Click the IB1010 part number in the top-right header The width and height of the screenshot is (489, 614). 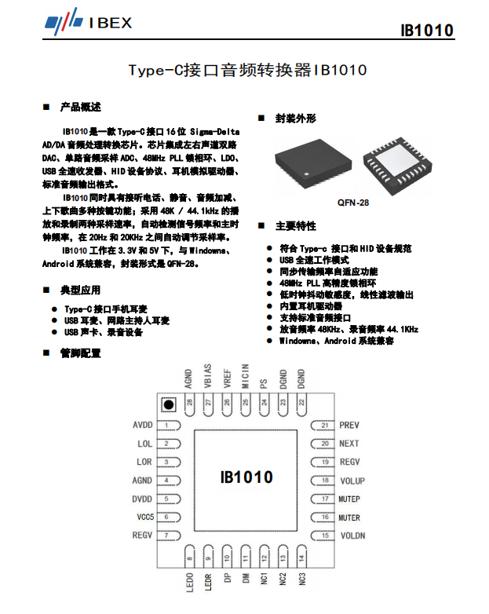(426, 31)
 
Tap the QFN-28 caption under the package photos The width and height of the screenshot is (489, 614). (353, 202)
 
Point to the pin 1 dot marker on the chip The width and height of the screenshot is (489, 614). (168, 404)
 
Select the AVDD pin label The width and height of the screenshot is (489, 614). (142, 425)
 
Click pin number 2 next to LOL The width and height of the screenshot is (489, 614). (166, 444)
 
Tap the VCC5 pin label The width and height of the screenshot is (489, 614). (144, 517)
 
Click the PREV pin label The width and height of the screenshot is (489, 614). (349, 425)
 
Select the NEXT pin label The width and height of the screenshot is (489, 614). (349, 444)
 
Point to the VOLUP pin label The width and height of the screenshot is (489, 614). (352, 481)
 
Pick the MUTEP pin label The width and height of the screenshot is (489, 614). (350, 499)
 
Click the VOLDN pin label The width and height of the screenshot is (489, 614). (352, 535)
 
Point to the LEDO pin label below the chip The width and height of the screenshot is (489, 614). (190, 583)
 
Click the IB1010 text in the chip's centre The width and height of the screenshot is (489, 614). (246, 477)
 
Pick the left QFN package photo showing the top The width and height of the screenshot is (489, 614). (303, 163)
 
